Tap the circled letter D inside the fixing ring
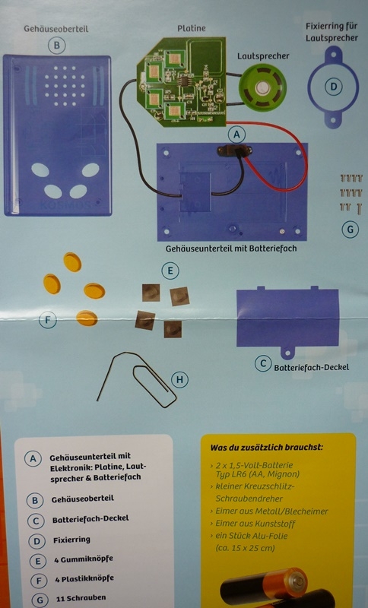pyautogui.click(x=334, y=87)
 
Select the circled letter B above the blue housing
pyautogui.click(x=56, y=46)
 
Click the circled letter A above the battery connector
pyautogui.click(x=236, y=135)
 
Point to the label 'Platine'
pyautogui.click(x=192, y=28)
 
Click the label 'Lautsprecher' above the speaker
pyautogui.click(x=263, y=56)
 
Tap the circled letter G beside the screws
pyautogui.click(x=351, y=230)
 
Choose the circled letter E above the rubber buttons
pyautogui.click(x=170, y=271)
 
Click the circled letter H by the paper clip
pyautogui.click(x=179, y=379)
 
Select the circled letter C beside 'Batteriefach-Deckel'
pyautogui.click(x=263, y=364)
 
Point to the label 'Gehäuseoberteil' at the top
pyautogui.click(x=56, y=29)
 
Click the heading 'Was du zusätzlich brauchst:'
pyautogui.click(x=266, y=447)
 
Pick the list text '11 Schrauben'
pyautogui.click(x=81, y=598)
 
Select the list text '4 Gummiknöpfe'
pyautogui.click(x=84, y=559)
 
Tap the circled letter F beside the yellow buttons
pyautogui.click(x=48, y=320)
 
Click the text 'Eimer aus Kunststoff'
pyautogui.click(x=255, y=524)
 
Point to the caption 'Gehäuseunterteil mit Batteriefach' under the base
pyautogui.click(x=231, y=249)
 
